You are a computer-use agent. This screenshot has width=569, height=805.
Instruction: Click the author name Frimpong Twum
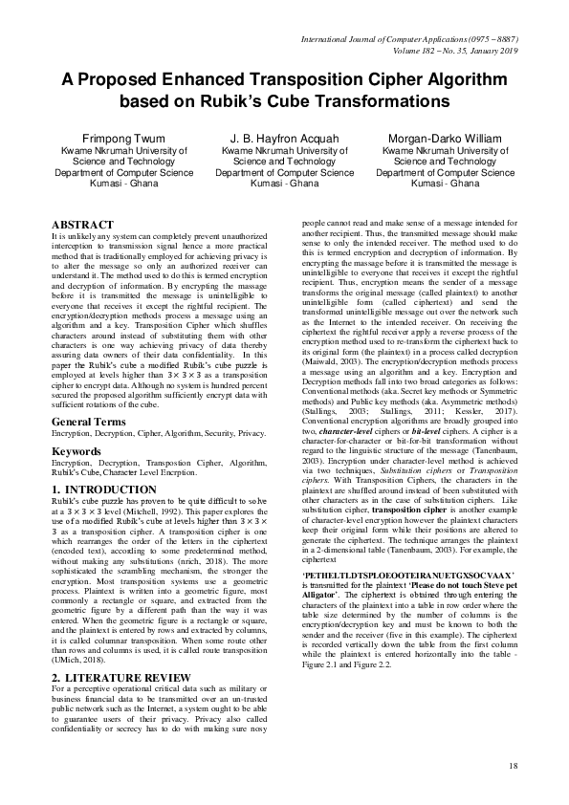pyautogui.click(x=107, y=140)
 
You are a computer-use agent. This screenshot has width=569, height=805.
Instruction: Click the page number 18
pyautogui.click(x=514, y=765)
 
